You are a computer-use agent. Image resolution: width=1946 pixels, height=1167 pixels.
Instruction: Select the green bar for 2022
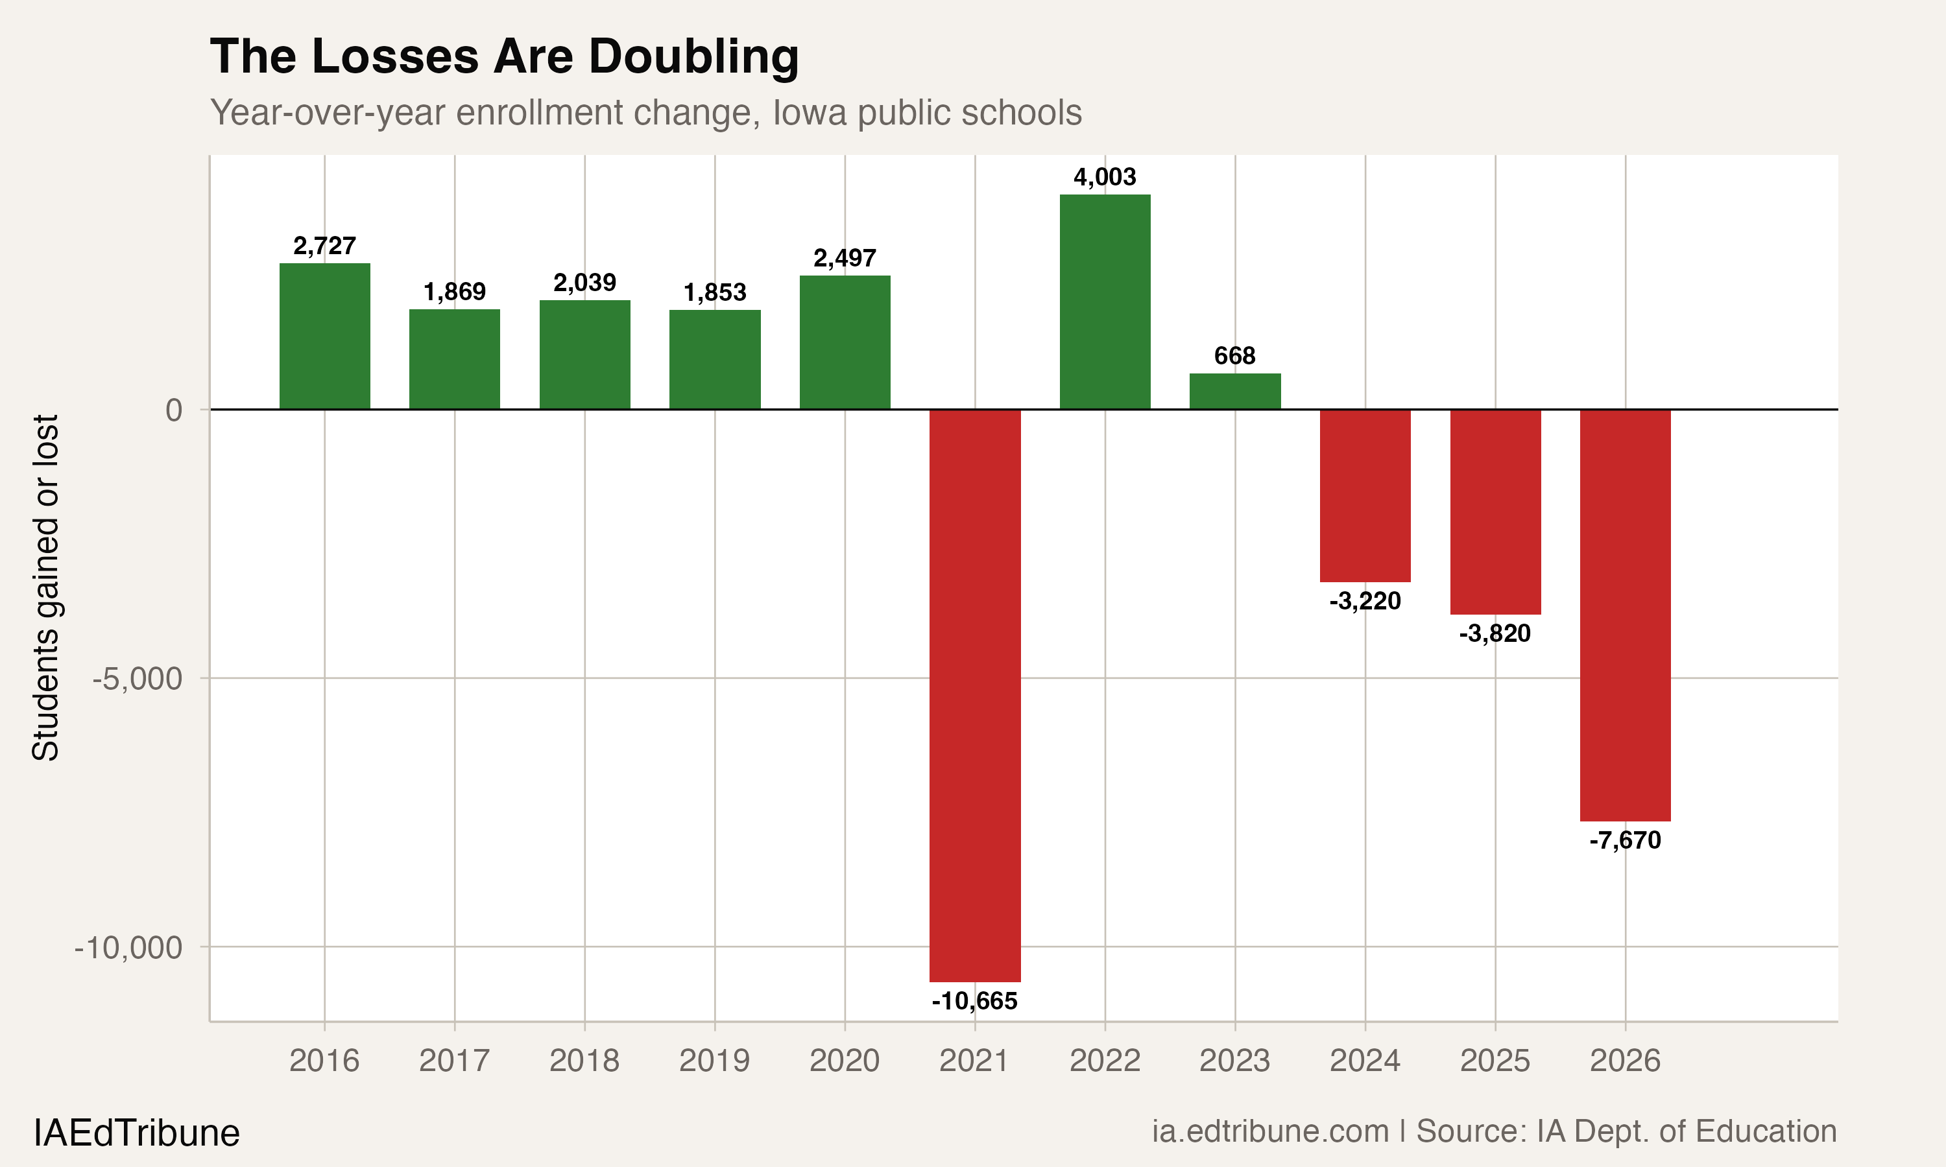1105,302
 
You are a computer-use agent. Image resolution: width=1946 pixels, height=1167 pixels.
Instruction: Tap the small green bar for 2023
1234,392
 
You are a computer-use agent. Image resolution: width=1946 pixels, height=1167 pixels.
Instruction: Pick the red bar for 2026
1625,615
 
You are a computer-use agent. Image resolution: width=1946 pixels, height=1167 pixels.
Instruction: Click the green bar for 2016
324,336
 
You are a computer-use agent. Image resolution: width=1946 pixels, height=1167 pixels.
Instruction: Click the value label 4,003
1105,177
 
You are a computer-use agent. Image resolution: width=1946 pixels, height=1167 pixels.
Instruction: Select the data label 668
1234,356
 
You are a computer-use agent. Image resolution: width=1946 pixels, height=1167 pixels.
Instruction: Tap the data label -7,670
1625,841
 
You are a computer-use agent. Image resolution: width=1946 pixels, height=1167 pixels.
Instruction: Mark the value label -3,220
1365,602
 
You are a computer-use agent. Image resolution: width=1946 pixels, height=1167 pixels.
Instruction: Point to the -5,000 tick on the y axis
137,679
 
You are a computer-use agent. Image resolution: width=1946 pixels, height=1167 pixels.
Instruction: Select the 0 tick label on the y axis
174,410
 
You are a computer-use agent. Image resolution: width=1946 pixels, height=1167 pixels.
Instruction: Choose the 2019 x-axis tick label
714,1061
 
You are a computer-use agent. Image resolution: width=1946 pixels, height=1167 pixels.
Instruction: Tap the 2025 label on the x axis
1495,1061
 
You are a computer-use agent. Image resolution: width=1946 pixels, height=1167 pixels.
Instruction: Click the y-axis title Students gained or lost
45,587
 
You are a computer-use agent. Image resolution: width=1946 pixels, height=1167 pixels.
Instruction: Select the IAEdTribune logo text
136,1133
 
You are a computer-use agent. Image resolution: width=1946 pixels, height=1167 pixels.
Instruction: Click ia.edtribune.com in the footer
1269,1131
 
